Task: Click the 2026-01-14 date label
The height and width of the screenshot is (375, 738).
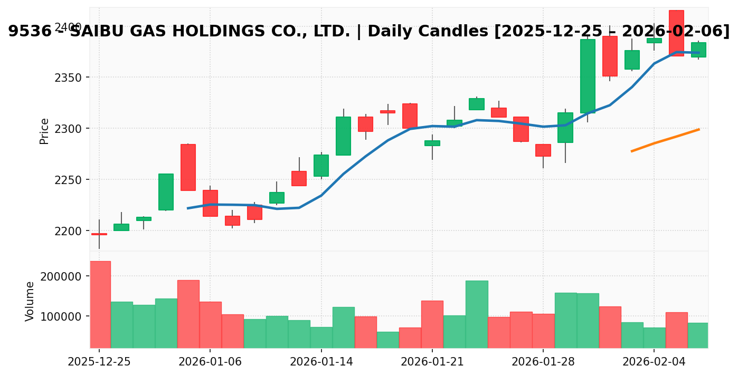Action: [x=321, y=362]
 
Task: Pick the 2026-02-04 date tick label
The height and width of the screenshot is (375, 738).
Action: [x=654, y=362]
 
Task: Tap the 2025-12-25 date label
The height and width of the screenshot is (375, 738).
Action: [x=99, y=362]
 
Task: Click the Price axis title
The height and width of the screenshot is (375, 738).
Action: [x=45, y=131]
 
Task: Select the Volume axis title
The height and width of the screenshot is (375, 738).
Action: [x=30, y=301]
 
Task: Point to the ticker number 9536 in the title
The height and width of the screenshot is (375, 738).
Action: [x=24, y=32]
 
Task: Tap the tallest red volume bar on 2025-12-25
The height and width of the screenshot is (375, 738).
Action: [x=100, y=304]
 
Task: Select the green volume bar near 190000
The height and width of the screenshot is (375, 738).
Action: [x=477, y=314]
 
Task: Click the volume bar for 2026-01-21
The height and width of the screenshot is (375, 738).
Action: [x=432, y=324]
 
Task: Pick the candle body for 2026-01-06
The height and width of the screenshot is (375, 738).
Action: [x=210, y=203]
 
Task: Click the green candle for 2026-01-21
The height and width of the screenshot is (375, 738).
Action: [x=432, y=143]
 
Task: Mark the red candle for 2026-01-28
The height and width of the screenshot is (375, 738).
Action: [x=543, y=150]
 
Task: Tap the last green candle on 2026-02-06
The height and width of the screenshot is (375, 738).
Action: [x=698, y=50]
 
